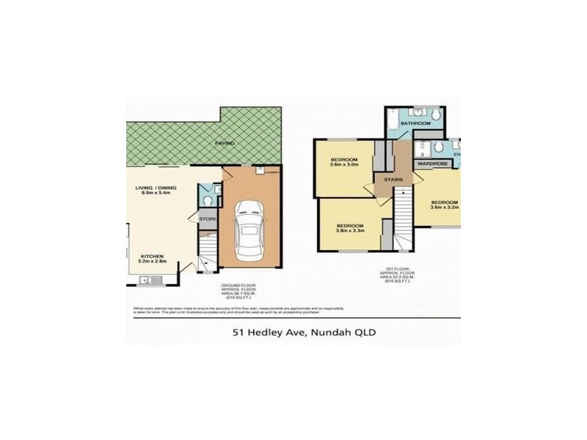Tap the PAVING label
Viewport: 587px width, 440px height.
pos(225,143)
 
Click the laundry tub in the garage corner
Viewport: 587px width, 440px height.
pos(261,171)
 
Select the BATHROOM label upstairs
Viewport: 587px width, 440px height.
pos(416,124)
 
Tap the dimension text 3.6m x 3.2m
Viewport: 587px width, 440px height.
pos(444,208)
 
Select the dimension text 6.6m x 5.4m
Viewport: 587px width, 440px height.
pos(157,194)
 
